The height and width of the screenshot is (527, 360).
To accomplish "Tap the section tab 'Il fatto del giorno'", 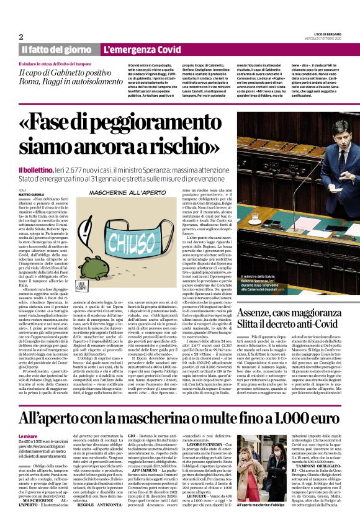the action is click(x=57, y=50).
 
